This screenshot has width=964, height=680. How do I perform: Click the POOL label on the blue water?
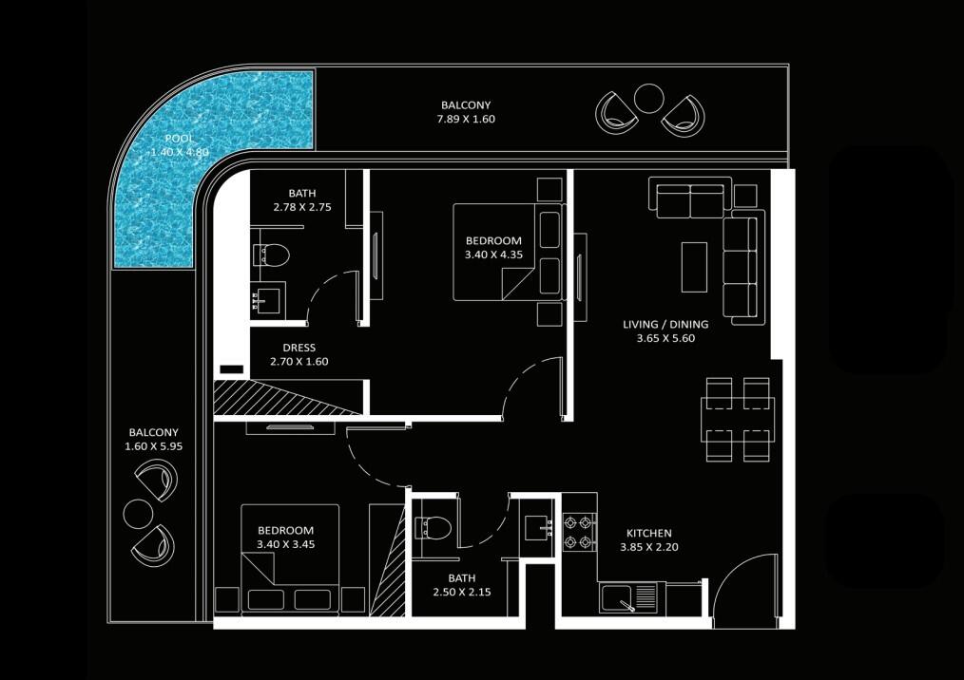tap(179, 139)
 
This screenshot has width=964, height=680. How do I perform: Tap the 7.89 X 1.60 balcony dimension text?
tap(466, 119)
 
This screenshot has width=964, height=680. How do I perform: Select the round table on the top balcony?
tap(648, 98)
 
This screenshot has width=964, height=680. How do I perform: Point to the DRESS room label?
tap(299, 348)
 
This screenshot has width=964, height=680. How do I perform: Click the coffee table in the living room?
tap(694, 267)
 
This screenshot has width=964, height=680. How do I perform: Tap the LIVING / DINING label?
tap(665, 325)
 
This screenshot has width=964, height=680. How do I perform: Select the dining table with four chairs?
tap(738, 419)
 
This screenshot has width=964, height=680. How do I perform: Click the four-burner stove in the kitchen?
tap(580, 533)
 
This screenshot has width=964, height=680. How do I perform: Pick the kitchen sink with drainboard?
tap(629, 597)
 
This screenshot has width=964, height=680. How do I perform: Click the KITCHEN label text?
tap(649, 533)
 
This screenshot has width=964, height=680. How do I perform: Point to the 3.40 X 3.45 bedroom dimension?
tap(286, 544)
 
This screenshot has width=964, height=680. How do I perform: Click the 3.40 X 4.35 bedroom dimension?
tap(493, 255)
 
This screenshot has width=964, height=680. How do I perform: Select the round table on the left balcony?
tap(138, 514)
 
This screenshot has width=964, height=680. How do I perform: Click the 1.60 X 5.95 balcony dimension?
tap(154, 446)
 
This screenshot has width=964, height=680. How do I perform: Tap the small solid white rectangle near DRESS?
tap(232, 369)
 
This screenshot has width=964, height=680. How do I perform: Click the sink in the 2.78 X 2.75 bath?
tap(269, 300)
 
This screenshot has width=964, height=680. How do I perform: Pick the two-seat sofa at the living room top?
tap(690, 198)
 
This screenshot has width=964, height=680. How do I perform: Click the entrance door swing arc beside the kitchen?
tap(741, 568)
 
